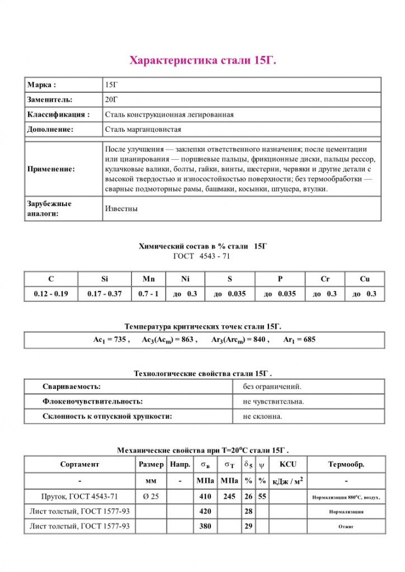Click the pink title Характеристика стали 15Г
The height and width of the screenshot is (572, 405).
(x=202, y=60)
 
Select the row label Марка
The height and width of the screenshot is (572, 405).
(x=42, y=85)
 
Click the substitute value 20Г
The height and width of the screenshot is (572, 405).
(x=111, y=99)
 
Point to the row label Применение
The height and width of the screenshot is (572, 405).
(x=51, y=169)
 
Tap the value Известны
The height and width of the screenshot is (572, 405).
(x=121, y=208)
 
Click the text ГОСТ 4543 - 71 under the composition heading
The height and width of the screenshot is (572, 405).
(x=202, y=256)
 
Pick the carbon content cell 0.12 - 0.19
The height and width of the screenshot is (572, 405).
(x=51, y=294)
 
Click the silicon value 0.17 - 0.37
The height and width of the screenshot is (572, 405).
(x=104, y=294)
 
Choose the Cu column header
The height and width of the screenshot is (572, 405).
(x=364, y=279)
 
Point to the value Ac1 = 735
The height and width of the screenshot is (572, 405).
(x=111, y=340)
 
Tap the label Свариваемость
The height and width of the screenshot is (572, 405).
(x=72, y=387)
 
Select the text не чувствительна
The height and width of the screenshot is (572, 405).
(x=274, y=402)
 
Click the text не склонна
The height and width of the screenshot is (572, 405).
(x=263, y=417)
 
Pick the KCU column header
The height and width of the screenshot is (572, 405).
(x=288, y=464)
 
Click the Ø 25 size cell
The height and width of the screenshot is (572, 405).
(x=151, y=496)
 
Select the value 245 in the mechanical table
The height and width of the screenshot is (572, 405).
(x=229, y=496)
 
